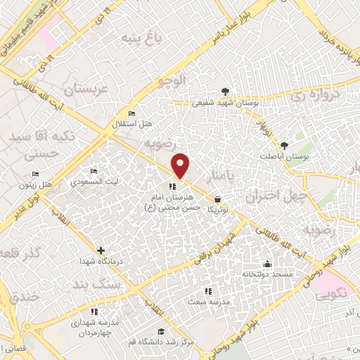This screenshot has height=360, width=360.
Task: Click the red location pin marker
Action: pos(181,165)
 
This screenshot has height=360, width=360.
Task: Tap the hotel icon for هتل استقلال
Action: pos(131,113)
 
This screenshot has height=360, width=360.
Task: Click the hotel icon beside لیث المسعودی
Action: pos(94,172)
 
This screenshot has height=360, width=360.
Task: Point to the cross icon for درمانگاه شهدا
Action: pos(101,250)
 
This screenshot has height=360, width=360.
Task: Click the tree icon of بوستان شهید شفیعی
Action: pos(224,91)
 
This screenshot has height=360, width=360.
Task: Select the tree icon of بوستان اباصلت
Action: pos(284,144)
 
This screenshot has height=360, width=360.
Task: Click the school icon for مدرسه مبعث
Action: pos(207,290)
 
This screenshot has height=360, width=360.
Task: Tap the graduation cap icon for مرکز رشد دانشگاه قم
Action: pos(161,331)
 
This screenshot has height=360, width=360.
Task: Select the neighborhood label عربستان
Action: pos(84,89)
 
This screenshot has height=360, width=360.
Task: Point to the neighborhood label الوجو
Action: pos(174,82)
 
